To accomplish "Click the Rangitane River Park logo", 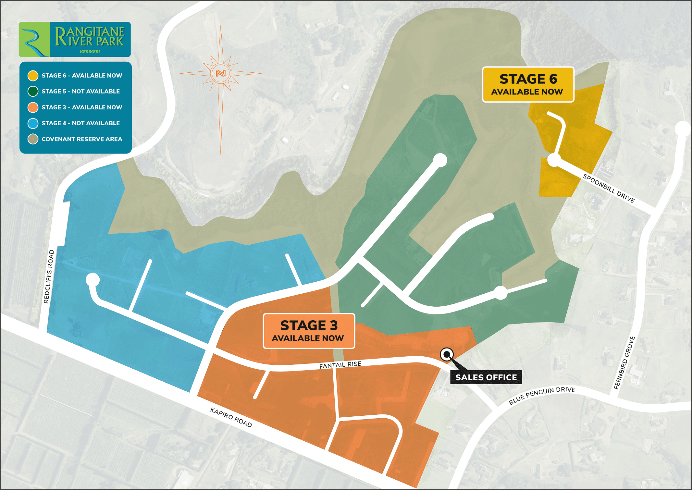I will coord(75,39).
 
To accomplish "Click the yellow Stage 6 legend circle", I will coord(33,76).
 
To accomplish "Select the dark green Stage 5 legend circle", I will coord(33,92).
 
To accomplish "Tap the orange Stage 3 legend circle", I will coord(33,107).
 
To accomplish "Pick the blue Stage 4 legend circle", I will coord(33,123).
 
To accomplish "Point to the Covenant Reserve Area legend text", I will coord(82,139).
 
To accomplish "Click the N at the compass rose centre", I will coord(221,73).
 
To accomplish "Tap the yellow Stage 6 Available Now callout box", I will coord(528,85).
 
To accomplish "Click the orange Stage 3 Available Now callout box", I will coord(309,331).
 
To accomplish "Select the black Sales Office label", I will coord(486,377).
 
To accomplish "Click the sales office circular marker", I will coord(447,354).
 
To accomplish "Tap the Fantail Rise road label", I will coord(340,365).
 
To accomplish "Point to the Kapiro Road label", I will coord(231,417).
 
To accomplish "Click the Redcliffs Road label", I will coord(49,276).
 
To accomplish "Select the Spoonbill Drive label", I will coord(609,188).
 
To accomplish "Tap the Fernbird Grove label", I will coord(624,363).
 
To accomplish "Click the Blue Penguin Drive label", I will coord(542,396).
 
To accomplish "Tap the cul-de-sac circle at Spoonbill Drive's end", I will coord(554,160).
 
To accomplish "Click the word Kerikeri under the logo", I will coord(90,52).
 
